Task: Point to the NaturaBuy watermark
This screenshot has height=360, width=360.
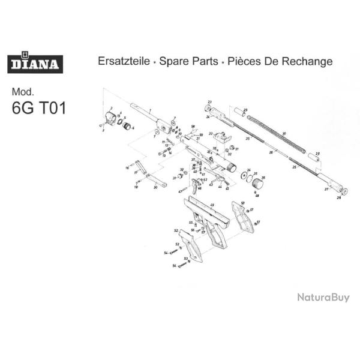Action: [323, 297]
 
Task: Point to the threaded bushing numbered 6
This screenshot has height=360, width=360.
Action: [127, 126]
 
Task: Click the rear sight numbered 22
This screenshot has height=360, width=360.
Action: [221, 136]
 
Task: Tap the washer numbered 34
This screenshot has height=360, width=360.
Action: [245, 175]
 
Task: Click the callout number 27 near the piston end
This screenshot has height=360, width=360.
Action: [326, 188]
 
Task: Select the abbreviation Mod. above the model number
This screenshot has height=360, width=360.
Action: [24, 92]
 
